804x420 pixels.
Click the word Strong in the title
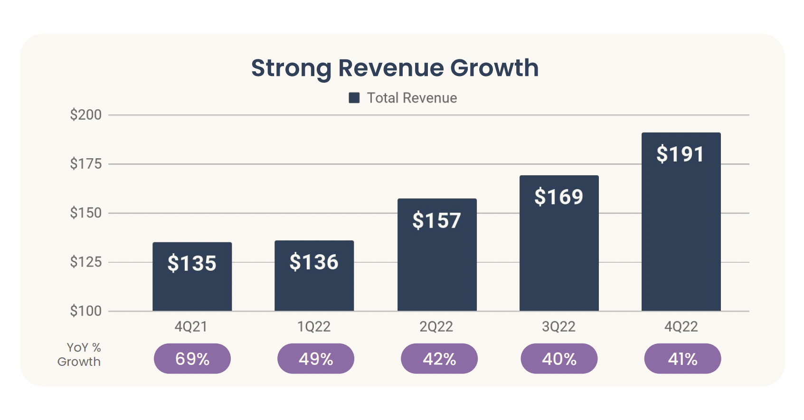[x=291, y=68]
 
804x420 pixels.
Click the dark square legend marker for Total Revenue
[x=354, y=98]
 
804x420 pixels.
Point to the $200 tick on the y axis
[x=85, y=115]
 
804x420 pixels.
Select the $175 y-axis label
[x=85, y=164]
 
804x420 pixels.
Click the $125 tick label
[x=85, y=262]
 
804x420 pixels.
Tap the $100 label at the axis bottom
[x=85, y=311]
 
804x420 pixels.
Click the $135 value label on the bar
[x=192, y=263]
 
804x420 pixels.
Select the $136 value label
[x=314, y=262]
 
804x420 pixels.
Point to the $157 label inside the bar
[x=436, y=220]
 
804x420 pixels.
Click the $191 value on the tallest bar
[x=680, y=154]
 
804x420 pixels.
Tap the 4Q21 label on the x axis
[x=191, y=327]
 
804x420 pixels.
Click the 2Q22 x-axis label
[x=436, y=327]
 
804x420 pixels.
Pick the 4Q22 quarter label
[x=681, y=327]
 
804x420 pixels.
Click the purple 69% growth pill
[x=192, y=359]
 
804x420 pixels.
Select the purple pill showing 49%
[x=316, y=359]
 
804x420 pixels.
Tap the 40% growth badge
[x=559, y=359]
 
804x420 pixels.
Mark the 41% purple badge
[x=682, y=359]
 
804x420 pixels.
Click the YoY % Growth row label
[x=80, y=354]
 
